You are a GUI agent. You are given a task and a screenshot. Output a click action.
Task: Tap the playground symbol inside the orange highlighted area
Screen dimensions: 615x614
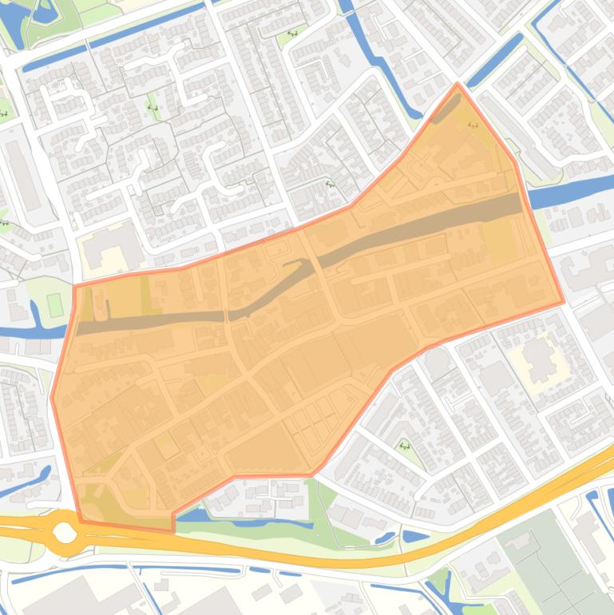(472, 125)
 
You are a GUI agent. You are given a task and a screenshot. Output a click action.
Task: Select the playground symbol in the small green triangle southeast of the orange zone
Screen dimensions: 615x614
(404, 446)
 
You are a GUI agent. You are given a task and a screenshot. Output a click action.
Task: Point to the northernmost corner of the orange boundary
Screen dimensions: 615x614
(458, 83)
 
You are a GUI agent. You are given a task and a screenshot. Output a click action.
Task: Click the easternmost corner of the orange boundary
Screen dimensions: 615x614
(564, 302)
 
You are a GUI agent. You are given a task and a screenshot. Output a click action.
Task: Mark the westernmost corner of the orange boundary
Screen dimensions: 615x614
(52, 398)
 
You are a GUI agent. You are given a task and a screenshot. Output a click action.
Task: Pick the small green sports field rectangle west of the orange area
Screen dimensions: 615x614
(54, 304)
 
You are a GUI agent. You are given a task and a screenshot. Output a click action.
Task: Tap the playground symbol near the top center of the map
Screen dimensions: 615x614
(292, 34)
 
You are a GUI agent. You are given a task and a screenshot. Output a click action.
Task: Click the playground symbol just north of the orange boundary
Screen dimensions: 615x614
(330, 184)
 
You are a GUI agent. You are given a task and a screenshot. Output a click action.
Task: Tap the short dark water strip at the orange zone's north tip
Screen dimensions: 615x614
(448, 109)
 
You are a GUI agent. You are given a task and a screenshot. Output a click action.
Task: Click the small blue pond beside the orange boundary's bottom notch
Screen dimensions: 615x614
(192, 515)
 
